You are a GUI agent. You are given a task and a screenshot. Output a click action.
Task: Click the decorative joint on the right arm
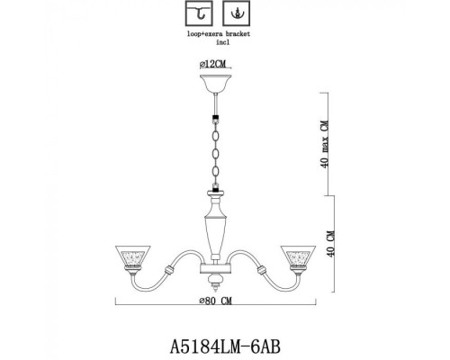[263, 270]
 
